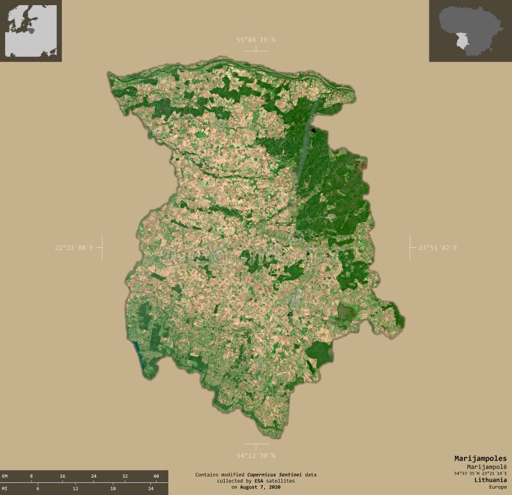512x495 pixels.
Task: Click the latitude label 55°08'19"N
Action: (x=256, y=40)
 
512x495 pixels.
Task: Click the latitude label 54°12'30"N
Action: (x=256, y=456)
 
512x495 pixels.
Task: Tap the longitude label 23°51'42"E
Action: (x=438, y=248)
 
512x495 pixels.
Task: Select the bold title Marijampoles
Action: (x=480, y=458)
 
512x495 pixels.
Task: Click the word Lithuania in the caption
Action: (x=489, y=479)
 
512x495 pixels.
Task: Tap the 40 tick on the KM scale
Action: (x=155, y=476)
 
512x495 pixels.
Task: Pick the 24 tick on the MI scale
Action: (x=150, y=489)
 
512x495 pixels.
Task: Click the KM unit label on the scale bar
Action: (x=5, y=476)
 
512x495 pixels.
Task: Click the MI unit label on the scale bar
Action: (x=5, y=489)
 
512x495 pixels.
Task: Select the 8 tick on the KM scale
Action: (x=31, y=476)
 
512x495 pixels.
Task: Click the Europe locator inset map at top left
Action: (x=31, y=31)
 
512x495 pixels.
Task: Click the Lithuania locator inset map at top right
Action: (x=470, y=31)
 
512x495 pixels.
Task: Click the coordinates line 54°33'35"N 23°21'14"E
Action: (x=480, y=473)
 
